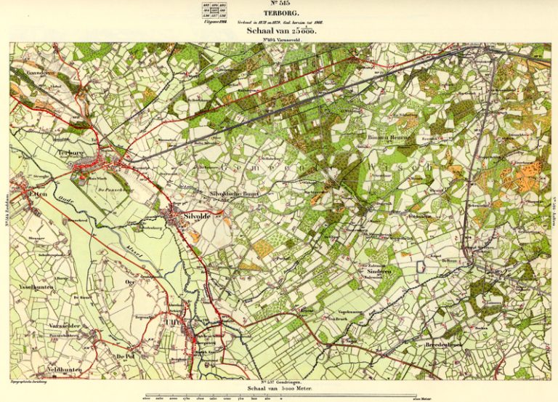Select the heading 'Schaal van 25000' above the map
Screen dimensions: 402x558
click(280, 33)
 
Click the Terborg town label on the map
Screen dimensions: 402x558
click(71, 153)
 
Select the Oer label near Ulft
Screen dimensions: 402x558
click(130, 282)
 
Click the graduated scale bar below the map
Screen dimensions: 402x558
click(280, 396)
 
